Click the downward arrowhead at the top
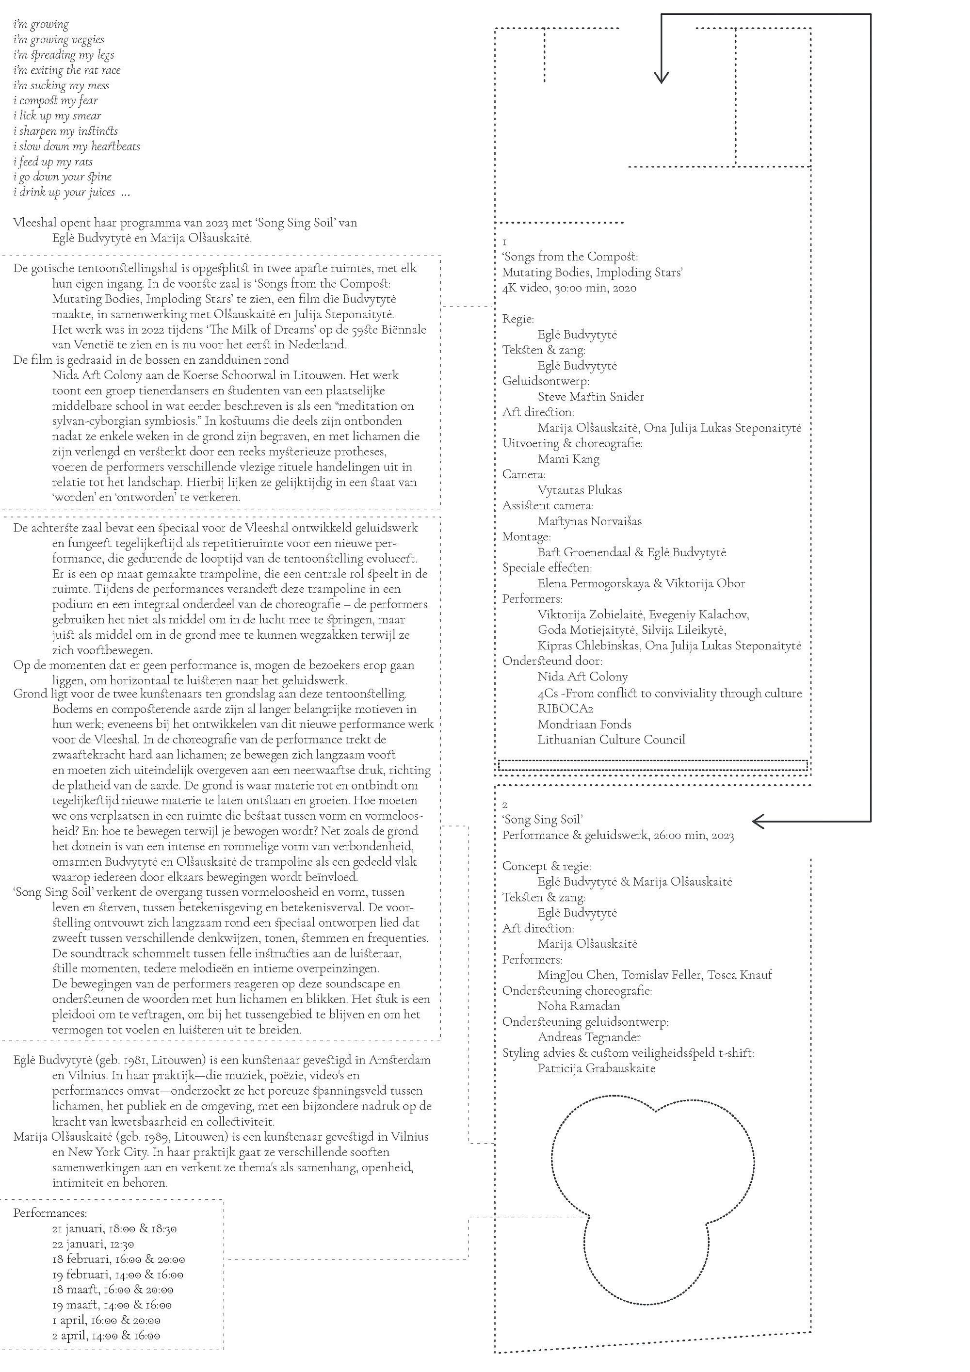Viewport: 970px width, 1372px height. tap(661, 78)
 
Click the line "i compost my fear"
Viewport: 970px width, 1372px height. tap(56, 100)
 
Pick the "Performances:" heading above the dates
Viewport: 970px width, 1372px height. tap(50, 1213)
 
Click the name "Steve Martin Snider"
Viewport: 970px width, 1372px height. tap(590, 397)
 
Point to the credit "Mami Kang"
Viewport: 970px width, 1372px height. tap(568, 459)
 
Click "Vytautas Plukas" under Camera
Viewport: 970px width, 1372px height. tap(580, 490)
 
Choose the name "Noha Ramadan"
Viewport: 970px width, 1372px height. tap(579, 1006)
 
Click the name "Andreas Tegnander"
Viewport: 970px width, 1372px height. tap(589, 1037)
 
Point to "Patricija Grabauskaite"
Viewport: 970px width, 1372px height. tap(597, 1068)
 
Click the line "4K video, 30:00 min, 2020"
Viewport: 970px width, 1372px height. tap(569, 288)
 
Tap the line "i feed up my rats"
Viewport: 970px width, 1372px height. tap(53, 161)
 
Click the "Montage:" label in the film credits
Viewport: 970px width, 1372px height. tap(526, 536)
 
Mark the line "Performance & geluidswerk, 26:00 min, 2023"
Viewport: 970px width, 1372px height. tap(617, 836)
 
